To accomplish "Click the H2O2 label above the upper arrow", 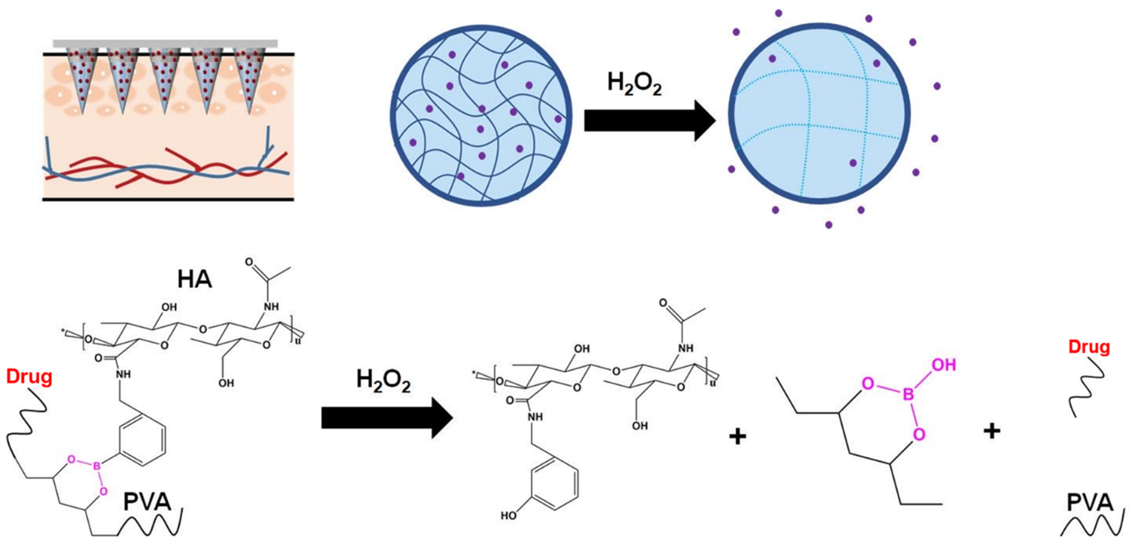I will [634, 84].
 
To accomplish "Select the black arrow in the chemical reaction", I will [387, 418].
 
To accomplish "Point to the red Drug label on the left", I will [29, 377].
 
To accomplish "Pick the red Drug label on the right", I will [1089, 347].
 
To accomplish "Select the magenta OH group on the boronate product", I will [944, 365].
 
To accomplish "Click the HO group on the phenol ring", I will [509, 515].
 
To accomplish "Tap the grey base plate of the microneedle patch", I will [165, 43].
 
